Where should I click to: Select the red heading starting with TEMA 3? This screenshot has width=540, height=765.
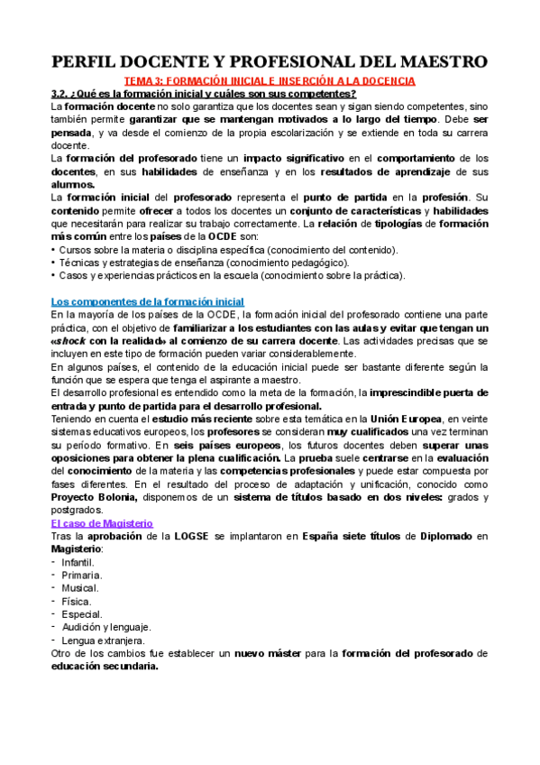270,80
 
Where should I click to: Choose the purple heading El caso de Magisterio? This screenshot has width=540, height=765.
102,523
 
